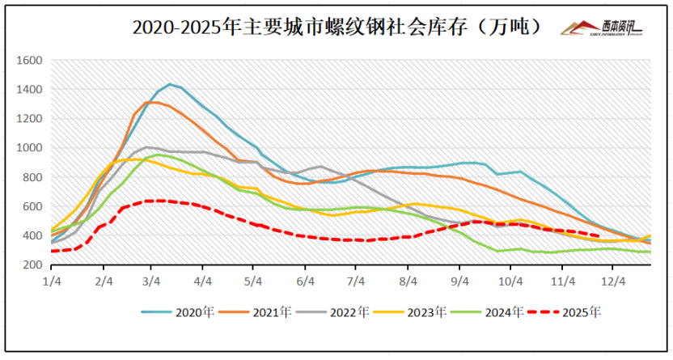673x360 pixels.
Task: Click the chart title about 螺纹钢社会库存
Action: tap(336, 27)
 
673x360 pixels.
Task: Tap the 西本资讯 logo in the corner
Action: tap(603, 28)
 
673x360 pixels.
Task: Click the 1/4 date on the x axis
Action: tap(52, 281)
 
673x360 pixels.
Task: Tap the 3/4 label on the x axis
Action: tap(152, 281)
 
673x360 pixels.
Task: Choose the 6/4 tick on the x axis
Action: tap(306, 281)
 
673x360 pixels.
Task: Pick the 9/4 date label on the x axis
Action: tap(460, 281)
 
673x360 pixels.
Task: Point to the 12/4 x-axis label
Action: tap(615, 281)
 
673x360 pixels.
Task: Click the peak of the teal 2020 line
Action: tap(170, 84)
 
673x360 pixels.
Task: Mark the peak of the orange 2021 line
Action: tap(151, 102)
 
